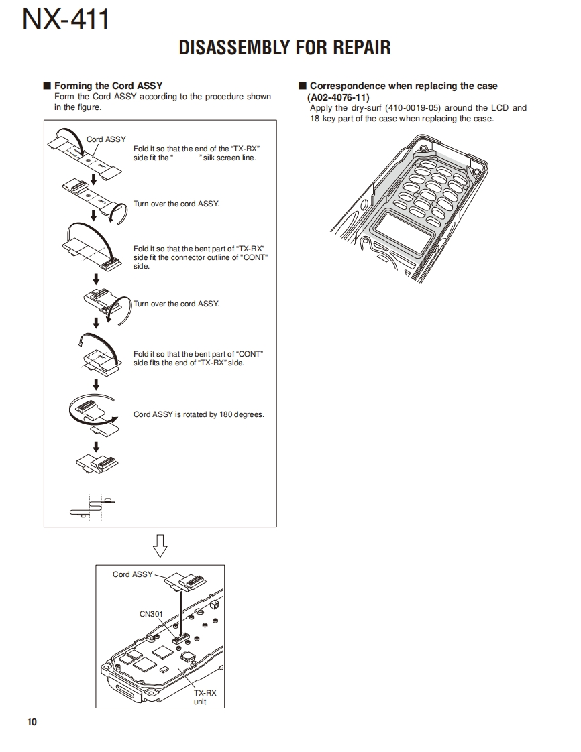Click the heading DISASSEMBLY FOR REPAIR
tap(284, 48)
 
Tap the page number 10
tap(32, 722)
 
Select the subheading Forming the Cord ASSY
tap(108, 86)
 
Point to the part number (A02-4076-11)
tap(338, 97)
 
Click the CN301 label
tap(151, 613)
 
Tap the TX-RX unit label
tap(200, 697)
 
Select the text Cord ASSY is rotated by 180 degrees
tap(199, 414)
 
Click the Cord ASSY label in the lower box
tap(132, 574)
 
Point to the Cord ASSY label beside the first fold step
tap(106, 139)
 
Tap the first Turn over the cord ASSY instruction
tap(176, 204)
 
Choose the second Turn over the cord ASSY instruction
tap(176, 304)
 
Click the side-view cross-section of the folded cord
tap(91, 507)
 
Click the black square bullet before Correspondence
tap(303, 86)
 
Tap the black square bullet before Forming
tap(47, 86)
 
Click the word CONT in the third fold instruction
tap(255, 257)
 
